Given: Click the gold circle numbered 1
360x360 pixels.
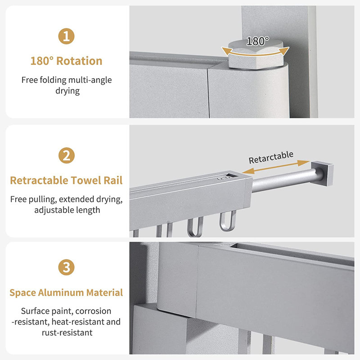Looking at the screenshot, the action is (x=66, y=36).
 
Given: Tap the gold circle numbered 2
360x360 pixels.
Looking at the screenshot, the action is (x=67, y=155).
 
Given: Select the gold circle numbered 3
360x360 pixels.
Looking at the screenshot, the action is (x=66, y=267).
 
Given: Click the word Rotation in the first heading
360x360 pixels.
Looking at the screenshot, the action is (x=79, y=61).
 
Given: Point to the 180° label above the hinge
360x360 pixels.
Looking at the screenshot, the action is (x=257, y=41).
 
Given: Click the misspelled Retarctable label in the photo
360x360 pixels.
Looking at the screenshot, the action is (x=271, y=157).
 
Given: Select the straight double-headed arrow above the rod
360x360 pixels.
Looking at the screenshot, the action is (x=276, y=167).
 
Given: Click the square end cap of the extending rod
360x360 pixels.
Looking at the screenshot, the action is (x=322, y=173).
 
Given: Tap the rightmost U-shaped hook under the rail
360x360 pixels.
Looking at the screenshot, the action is (x=228, y=221).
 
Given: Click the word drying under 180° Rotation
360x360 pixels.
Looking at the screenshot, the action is (x=67, y=91).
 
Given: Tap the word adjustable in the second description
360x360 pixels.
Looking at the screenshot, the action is (x=54, y=210).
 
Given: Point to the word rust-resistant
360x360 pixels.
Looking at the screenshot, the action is (x=67, y=333).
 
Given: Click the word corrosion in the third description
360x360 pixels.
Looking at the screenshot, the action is (x=93, y=311).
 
